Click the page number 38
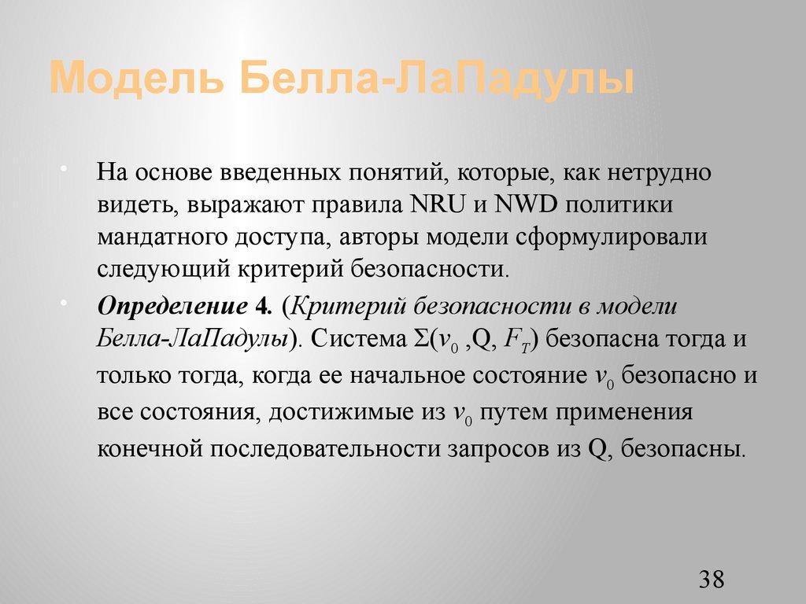click(710, 580)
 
